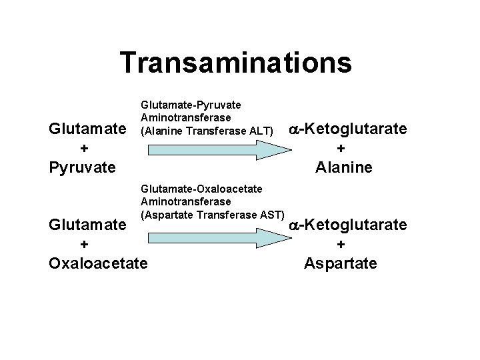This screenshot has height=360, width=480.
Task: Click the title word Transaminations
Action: (x=236, y=63)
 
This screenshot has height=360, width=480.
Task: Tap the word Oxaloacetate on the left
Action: (x=97, y=263)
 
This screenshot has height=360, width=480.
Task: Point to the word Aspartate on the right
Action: (x=340, y=263)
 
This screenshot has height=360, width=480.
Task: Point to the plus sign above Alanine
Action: (x=341, y=148)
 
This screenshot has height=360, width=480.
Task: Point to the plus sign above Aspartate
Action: (x=341, y=245)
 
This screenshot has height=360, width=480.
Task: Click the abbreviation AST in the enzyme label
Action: (x=271, y=213)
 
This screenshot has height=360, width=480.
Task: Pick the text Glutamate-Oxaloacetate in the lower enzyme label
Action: (x=197, y=189)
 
